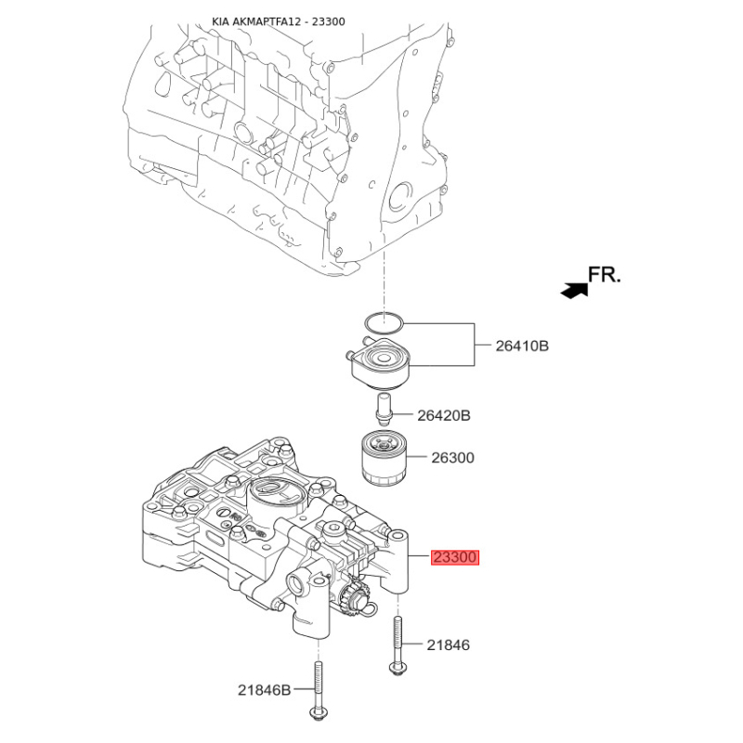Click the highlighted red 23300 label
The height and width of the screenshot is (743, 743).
point(455,557)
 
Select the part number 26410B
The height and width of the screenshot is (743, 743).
point(522,345)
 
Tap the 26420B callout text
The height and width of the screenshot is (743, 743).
point(444,415)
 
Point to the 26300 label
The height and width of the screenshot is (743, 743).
point(452,458)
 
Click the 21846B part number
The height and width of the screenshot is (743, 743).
point(264,690)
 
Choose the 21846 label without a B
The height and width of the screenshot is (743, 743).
point(449,645)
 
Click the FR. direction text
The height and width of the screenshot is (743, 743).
point(605,275)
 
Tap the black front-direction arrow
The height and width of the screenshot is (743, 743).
point(574,290)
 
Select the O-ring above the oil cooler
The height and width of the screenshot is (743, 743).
point(384,323)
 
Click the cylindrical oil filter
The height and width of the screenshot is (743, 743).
point(384,457)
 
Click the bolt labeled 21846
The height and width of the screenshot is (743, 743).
point(398,645)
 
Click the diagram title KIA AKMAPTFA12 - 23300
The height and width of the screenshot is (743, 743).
point(278,21)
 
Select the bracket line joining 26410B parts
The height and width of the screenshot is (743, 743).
point(475,345)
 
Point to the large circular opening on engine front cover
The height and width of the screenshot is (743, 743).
point(401,198)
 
